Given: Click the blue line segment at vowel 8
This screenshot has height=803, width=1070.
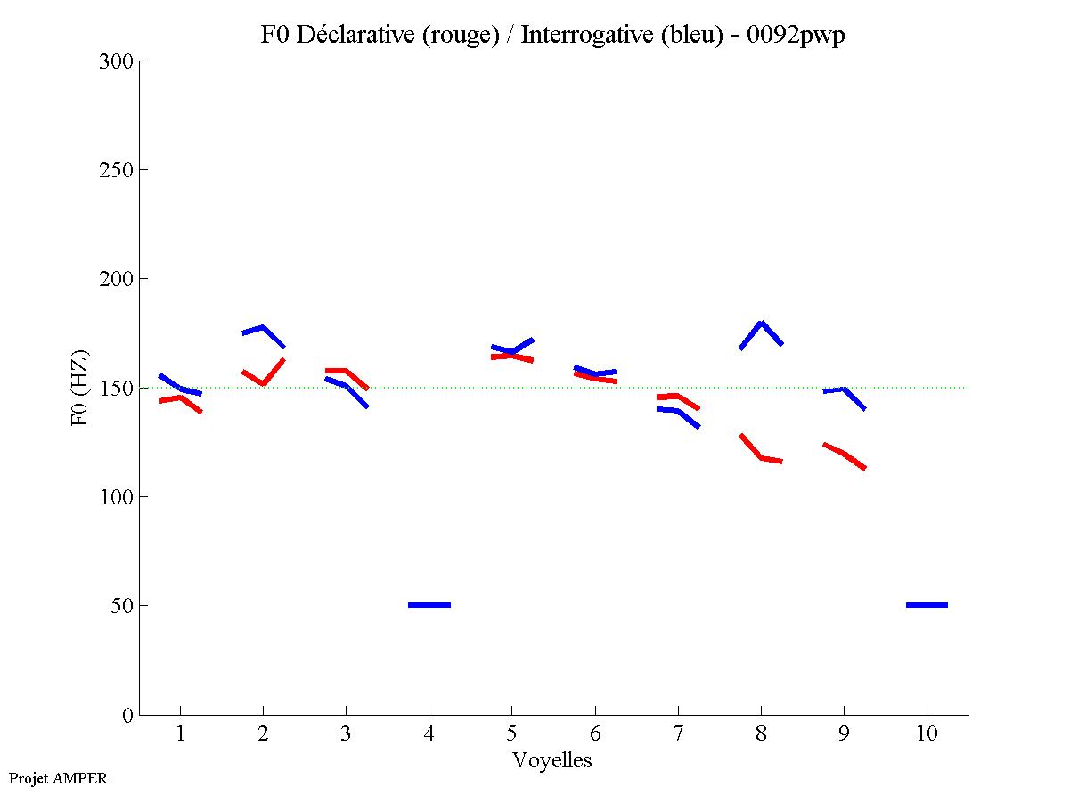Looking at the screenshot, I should [761, 324].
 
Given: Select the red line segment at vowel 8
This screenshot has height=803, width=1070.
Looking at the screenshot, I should [762, 457].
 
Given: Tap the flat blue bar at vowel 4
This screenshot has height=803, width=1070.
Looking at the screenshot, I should [429, 605].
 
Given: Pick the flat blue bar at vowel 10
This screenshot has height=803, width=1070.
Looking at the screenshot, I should [927, 605].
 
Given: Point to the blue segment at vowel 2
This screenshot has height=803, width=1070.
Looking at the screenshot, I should [263, 327].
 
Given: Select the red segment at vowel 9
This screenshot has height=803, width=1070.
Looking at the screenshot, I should [843, 454].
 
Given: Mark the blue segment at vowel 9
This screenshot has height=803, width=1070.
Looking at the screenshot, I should [843, 389].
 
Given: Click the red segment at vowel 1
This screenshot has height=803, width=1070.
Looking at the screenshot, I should [181, 397].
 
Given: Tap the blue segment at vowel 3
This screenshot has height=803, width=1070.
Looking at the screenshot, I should [346, 385].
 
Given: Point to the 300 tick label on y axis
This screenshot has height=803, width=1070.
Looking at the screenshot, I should [117, 61].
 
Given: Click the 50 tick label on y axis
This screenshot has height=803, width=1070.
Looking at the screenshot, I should [122, 606].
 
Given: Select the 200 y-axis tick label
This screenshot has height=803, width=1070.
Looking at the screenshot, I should [117, 279].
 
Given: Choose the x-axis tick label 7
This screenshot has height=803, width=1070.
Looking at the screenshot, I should [678, 734].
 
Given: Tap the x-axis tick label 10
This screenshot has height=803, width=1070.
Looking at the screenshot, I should [927, 734].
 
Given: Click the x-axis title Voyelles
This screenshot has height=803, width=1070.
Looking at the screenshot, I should [552, 761].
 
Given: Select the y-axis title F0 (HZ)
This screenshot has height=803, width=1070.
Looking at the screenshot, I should [80, 388].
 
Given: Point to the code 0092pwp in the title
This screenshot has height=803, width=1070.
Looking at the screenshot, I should [795, 36].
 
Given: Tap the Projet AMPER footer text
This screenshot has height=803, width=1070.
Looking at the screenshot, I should [58, 778].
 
